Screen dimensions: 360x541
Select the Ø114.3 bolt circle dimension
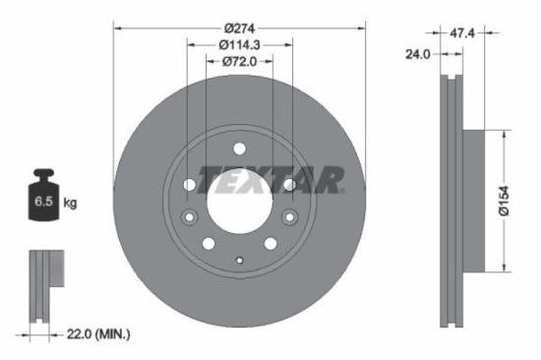(239, 43)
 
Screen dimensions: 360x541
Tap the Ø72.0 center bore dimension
(239, 62)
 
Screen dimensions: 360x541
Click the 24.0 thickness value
(418, 54)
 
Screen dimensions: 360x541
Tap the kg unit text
(70, 204)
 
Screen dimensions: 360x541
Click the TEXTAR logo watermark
(271, 180)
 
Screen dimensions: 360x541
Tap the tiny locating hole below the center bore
(239, 261)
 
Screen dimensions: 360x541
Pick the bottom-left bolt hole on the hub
(209, 243)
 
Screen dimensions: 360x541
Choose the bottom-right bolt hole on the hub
(270, 243)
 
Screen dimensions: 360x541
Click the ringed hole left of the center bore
(191, 217)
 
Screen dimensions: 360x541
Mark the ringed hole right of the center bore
(288, 217)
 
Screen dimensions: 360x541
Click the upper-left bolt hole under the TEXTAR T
(190, 184)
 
